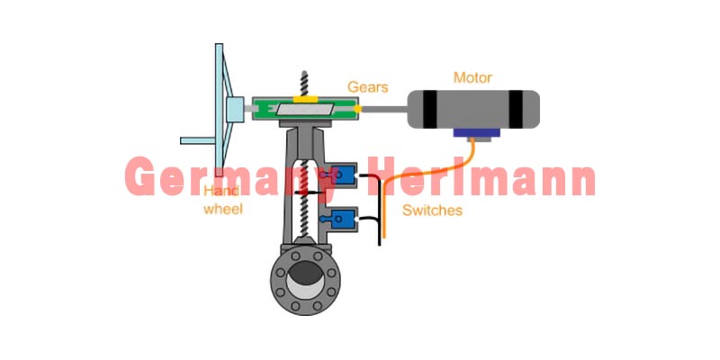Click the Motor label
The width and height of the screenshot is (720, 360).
472,77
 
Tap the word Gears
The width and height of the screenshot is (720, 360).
368,86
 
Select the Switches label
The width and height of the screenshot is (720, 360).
432,211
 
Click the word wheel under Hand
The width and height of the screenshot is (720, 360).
222,210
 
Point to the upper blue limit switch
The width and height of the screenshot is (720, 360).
343,174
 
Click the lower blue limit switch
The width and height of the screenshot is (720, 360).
343,219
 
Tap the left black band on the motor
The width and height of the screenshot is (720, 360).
430,109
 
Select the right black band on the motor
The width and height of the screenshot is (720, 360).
516,109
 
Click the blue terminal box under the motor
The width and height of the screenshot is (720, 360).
476,132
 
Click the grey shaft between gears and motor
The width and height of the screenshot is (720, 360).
384,109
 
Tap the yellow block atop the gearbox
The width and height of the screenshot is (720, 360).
305,99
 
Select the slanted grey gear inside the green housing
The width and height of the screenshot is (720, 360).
304,109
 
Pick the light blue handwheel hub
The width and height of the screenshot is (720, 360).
235,109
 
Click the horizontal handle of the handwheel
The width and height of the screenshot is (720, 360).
198,140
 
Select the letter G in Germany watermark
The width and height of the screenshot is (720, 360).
140,175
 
